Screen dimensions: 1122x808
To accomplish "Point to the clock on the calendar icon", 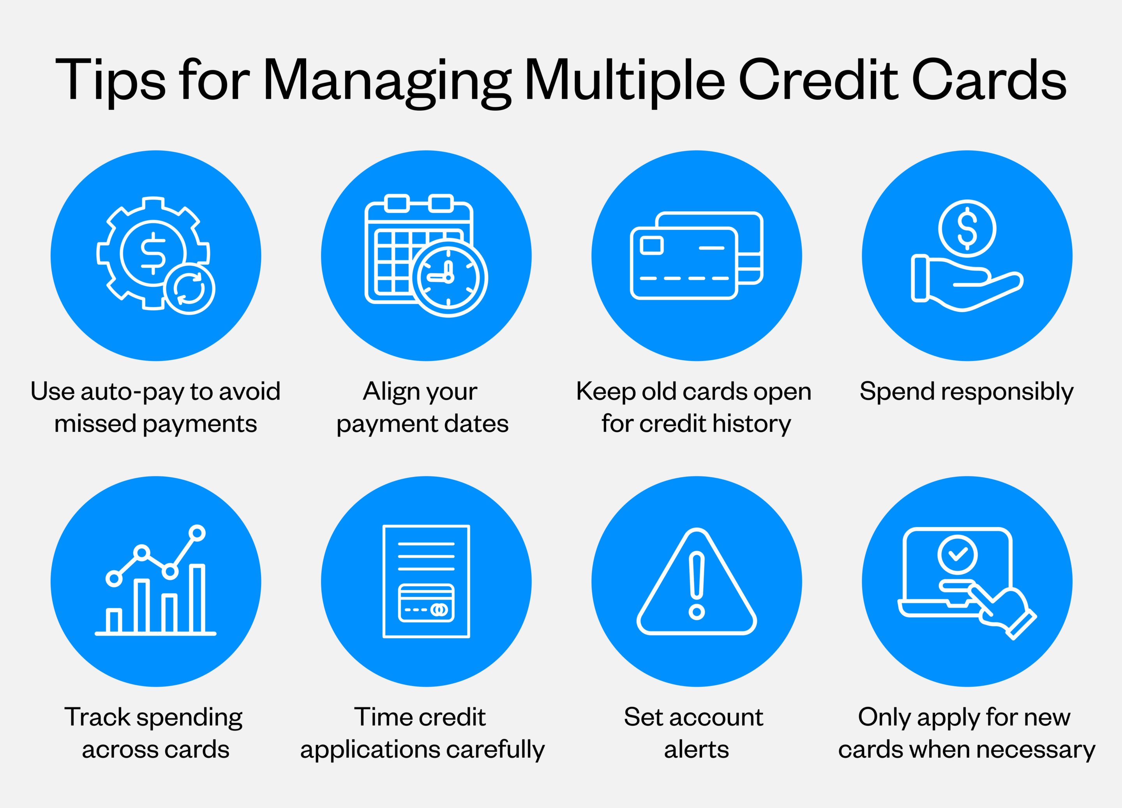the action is [x=449, y=278].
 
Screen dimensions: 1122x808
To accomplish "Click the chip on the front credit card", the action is [x=651, y=246].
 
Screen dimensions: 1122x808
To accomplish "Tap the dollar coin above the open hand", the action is [x=967, y=228].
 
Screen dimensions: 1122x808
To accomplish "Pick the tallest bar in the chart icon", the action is [x=197, y=599].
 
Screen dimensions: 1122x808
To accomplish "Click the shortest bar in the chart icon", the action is [x=114, y=621].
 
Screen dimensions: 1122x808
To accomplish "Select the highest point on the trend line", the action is [x=197, y=533].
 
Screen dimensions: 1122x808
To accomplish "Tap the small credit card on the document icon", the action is [x=426, y=603].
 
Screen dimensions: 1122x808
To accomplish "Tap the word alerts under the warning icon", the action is [x=697, y=750].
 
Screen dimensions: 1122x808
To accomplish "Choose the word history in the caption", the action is [x=752, y=424].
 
